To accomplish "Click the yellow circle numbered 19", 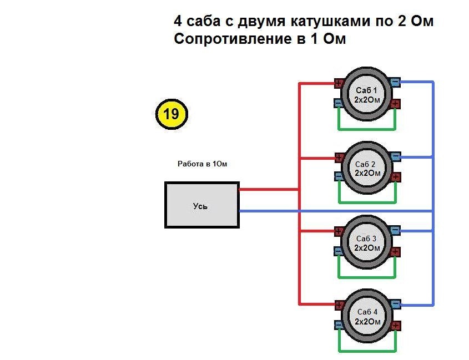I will click(172, 114).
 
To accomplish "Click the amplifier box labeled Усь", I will click(201, 205).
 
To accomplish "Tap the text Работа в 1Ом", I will click(202, 164).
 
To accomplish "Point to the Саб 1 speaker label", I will click(366, 90).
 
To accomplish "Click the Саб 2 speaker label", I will click(366, 164).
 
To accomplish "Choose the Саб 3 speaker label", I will click(366, 238).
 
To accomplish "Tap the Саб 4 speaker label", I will click(366, 312).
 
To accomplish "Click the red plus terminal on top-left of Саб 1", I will click(339, 84).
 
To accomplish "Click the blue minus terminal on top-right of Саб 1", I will click(395, 83).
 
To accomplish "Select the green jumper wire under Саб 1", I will click(366, 129).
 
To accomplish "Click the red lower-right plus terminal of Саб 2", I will click(395, 178).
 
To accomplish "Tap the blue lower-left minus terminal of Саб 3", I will click(338, 251).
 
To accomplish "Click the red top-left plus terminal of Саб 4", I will click(339, 305).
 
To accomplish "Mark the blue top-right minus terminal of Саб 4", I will click(395, 304).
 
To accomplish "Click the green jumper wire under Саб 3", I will click(366, 277).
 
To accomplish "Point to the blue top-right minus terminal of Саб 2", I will click(395, 157).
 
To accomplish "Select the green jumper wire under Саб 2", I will click(366, 203).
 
